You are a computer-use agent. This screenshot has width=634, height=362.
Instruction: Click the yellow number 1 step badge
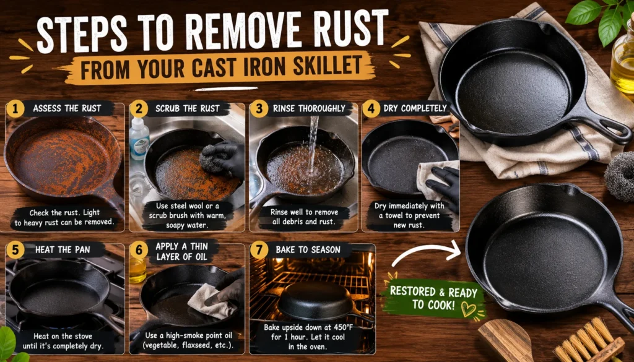point(15,109)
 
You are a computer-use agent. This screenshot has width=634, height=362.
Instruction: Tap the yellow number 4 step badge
point(371,109)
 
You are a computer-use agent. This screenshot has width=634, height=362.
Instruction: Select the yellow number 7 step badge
point(259,250)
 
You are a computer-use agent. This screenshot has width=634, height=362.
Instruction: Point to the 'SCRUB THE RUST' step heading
point(188,108)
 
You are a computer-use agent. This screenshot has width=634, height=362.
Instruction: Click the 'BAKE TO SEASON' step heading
point(308,249)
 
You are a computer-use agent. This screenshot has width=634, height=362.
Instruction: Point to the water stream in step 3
point(312,145)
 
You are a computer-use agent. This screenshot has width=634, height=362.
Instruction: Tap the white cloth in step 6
point(211,301)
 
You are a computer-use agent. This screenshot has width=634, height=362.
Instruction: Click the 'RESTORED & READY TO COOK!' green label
point(433,298)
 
